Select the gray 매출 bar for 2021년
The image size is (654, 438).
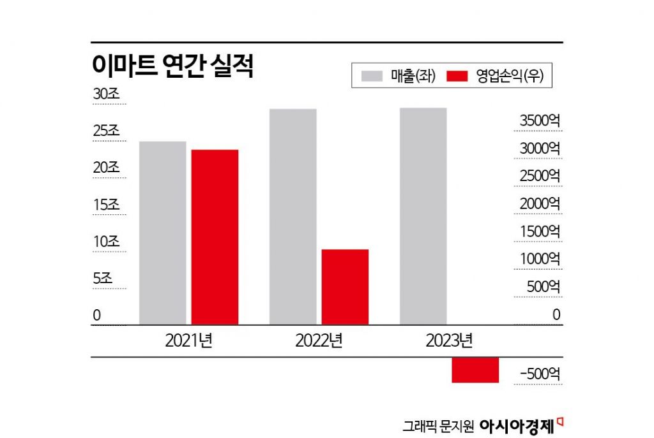tap(162, 233)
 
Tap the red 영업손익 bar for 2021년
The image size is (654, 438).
tap(215, 237)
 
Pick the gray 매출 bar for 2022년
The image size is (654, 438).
tap(293, 217)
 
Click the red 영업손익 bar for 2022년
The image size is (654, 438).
tap(345, 287)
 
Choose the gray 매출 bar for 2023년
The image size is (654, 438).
tap(423, 216)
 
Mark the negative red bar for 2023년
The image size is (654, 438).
tap(475, 370)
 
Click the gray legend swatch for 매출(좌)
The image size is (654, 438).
tap(371, 76)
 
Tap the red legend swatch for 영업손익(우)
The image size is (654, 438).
tap(458, 76)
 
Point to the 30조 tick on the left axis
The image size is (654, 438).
tap(106, 94)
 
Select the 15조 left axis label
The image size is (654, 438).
tap(106, 205)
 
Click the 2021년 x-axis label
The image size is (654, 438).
tap(188, 340)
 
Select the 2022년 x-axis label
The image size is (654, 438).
tap(319, 340)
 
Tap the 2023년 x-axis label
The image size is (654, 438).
tap(449, 340)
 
